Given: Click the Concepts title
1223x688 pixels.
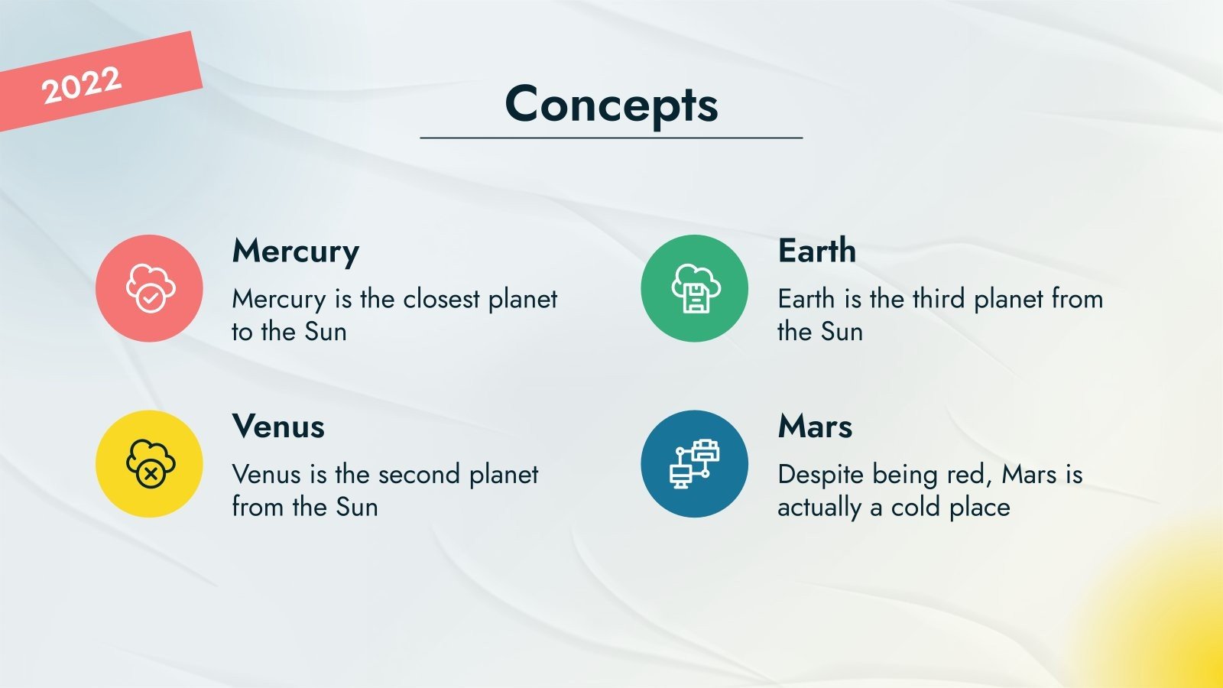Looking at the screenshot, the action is point(611,105).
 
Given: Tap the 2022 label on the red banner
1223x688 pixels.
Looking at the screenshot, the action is point(81,85).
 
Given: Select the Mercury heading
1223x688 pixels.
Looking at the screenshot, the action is point(295,252).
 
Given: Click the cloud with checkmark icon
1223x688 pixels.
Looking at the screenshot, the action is point(151,288).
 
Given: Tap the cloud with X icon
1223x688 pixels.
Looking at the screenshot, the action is point(151,463).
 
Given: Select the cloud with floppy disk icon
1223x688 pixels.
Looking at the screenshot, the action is point(696,288).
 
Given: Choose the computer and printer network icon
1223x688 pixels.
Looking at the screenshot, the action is point(695,463).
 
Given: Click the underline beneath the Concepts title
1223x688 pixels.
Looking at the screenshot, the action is point(611,138).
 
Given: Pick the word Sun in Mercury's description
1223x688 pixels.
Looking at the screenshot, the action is point(326,332).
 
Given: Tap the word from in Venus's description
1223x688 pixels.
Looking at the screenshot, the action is point(259,508).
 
